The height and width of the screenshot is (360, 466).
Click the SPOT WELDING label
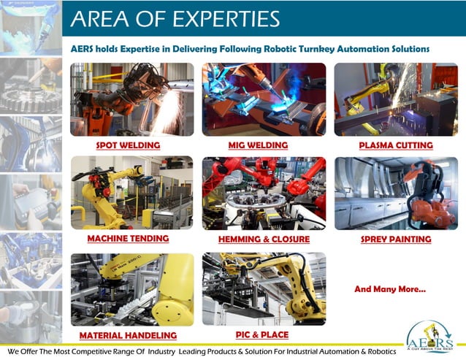(x=128, y=145)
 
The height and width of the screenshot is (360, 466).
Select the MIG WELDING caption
(x=258, y=145)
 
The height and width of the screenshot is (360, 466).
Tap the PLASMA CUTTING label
(x=396, y=145)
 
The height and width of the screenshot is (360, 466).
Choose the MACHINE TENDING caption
(x=128, y=238)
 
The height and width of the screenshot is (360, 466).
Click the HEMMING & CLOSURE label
(x=264, y=239)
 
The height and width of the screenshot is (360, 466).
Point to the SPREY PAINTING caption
(x=396, y=239)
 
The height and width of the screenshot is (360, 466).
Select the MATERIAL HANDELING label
(x=128, y=335)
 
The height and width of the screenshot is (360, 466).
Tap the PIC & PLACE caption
(x=261, y=334)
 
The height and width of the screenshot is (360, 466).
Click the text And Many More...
(x=390, y=290)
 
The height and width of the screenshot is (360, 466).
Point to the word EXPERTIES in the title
(x=227, y=18)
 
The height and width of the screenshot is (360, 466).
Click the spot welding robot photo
(x=132, y=99)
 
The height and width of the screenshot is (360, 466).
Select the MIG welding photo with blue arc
(x=264, y=99)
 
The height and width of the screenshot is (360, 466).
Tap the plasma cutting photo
(x=395, y=99)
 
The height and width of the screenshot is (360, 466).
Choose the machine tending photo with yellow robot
(x=132, y=192)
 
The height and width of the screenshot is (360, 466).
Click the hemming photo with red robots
(x=264, y=192)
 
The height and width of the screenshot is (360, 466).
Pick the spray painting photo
(x=395, y=192)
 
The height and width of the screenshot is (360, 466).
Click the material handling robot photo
(x=132, y=289)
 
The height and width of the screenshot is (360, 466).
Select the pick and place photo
(x=264, y=288)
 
